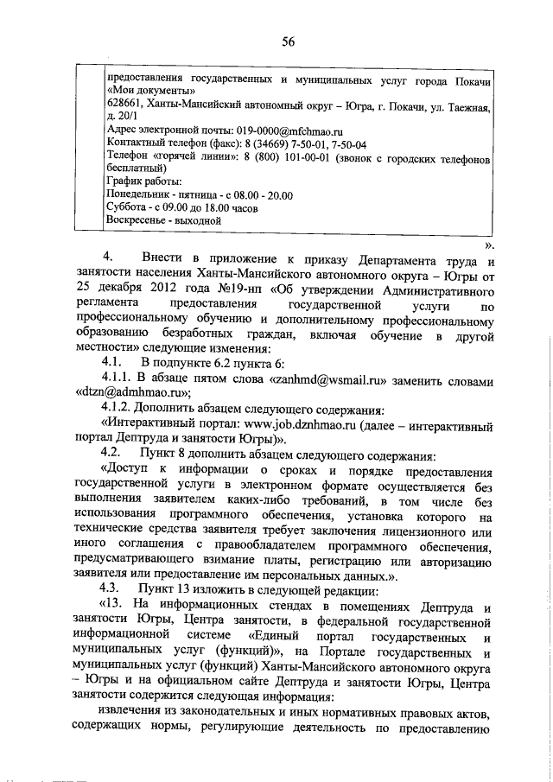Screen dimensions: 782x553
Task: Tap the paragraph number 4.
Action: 109,258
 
